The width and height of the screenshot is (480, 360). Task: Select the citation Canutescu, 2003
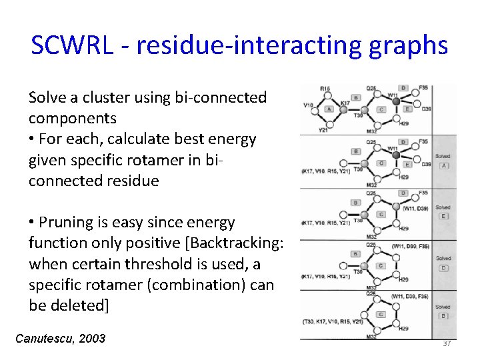point(60,339)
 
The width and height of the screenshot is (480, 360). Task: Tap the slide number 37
point(447,343)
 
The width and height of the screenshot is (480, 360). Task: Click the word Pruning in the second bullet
point(69,222)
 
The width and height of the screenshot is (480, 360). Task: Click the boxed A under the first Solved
point(443,165)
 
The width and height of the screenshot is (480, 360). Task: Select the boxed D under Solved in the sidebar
point(443,267)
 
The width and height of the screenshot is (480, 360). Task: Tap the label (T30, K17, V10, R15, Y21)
point(330,321)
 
